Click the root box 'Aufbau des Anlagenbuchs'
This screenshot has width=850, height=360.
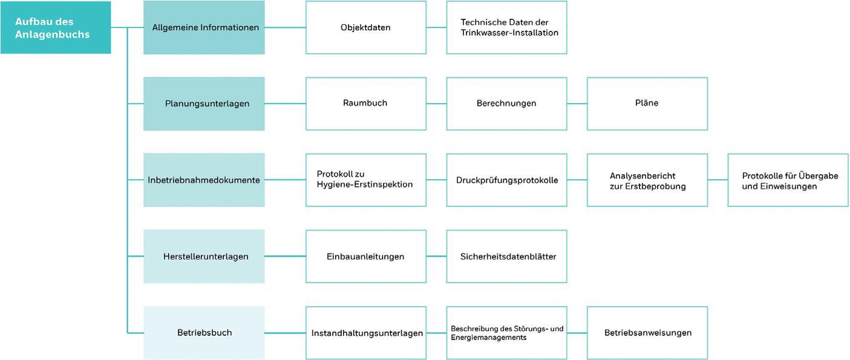(x=56, y=27)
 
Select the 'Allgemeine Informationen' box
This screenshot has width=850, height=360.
(x=204, y=27)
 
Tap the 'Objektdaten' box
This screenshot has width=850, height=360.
(x=366, y=27)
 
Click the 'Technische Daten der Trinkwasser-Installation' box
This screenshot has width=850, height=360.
(x=506, y=27)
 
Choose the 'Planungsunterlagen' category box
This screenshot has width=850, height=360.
(x=204, y=103)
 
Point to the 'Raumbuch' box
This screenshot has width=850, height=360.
(x=366, y=103)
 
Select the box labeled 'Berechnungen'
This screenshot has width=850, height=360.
(x=506, y=103)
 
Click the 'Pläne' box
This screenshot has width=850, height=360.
(x=647, y=103)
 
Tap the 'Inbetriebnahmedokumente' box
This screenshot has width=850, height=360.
(x=204, y=180)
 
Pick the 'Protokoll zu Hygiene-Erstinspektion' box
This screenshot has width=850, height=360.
(x=366, y=180)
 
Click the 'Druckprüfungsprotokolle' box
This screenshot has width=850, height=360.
(x=506, y=180)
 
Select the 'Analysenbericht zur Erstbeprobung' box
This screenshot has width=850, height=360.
(x=647, y=180)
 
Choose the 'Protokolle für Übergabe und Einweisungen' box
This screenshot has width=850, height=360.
(x=788, y=180)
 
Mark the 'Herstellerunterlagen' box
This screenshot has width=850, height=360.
(x=204, y=256)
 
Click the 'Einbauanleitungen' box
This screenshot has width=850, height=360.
(x=366, y=256)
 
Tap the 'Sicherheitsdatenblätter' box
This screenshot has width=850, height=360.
(x=506, y=256)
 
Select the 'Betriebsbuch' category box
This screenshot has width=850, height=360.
(x=204, y=333)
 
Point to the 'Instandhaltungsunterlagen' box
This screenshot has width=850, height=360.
(x=366, y=333)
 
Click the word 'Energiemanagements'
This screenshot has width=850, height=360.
(x=488, y=338)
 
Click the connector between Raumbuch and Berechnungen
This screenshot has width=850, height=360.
(x=436, y=103)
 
